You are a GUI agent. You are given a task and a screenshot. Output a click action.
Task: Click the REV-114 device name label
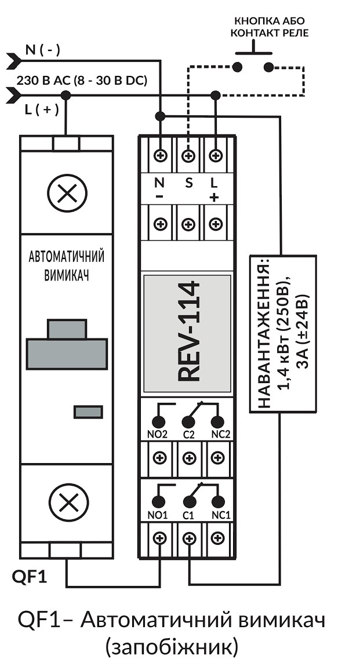188,331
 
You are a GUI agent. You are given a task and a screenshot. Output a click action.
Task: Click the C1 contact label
188,515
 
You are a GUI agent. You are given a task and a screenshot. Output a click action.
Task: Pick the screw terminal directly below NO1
160,538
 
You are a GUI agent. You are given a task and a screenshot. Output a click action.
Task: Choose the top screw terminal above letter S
188,155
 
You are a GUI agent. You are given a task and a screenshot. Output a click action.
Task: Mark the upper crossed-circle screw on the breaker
67,194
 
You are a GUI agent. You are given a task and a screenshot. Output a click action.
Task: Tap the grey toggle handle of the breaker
67,344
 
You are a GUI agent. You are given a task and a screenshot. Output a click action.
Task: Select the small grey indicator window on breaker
88,412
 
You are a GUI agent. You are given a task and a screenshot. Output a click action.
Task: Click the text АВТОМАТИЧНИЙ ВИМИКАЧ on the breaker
66,266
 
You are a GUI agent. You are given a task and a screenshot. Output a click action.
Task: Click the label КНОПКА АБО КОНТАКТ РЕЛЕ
270,27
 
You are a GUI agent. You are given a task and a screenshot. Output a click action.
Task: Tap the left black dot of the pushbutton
237,67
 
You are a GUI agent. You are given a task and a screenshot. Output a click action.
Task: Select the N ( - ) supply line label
43,50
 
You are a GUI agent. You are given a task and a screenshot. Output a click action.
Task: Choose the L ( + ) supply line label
42,110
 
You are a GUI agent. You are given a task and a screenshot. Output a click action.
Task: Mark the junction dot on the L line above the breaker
66,95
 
